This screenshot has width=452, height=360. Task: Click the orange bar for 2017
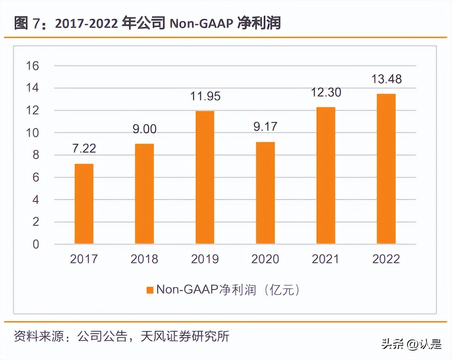(x=84, y=204)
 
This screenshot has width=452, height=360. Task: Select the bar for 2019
(x=205, y=178)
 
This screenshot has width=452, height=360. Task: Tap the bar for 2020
(x=265, y=193)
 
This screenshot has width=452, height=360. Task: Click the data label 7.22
(x=83, y=149)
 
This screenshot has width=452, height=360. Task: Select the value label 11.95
(x=205, y=96)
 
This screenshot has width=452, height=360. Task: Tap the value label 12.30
(x=326, y=92)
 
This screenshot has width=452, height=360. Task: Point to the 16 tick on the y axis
(x=33, y=66)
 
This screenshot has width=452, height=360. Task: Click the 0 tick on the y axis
(x=36, y=244)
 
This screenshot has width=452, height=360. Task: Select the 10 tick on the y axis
(x=33, y=133)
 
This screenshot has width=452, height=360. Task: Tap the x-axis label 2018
(x=144, y=259)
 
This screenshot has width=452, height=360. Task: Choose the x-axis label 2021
(x=326, y=259)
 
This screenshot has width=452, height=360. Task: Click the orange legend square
(x=149, y=290)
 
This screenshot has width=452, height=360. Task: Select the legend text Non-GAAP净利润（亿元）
(x=228, y=290)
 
